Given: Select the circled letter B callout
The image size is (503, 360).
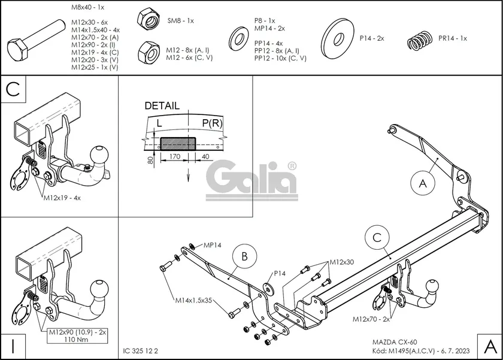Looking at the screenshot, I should tap(244, 257).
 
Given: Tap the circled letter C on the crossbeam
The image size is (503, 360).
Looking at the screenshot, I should tap(377, 237).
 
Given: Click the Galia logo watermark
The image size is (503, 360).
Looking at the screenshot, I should tap(252, 179).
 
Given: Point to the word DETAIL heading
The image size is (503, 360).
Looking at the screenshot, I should tap(162, 105).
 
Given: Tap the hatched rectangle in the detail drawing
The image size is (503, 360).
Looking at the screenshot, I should tap(178, 143).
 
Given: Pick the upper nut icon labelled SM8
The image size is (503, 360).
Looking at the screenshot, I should tap(147, 20).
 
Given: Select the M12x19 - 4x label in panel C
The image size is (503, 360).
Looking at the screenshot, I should tap(62, 197).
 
